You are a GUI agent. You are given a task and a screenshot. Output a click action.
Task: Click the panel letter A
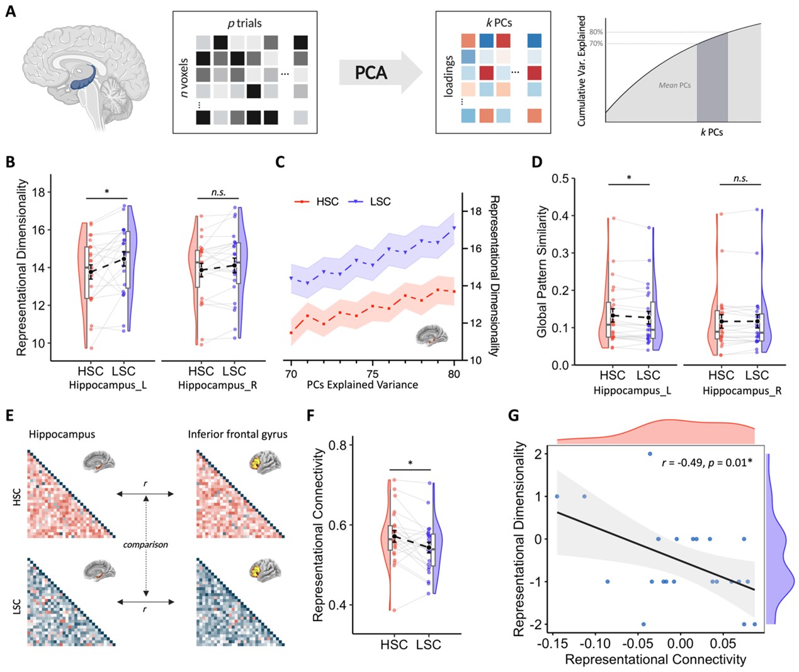[x=10, y=11]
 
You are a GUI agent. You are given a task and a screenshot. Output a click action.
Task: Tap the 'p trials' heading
[x=244, y=23]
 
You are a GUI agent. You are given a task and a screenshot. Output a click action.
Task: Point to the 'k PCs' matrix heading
[x=499, y=23]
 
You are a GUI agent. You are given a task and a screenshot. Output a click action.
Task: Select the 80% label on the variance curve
[x=596, y=32]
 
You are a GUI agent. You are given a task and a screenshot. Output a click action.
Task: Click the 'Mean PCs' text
[x=674, y=85]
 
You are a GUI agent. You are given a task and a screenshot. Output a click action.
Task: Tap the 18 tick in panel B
[x=39, y=193]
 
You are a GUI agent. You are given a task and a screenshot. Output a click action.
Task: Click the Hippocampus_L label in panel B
[x=108, y=385]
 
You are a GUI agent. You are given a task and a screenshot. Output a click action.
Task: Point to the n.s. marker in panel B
[x=218, y=193]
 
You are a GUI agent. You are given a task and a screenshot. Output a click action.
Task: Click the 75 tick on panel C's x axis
[x=372, y=374]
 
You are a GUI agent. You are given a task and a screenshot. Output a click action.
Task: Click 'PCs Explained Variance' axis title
[x=362, y=384]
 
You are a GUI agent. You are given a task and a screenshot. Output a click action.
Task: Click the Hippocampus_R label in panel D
[x=741, y=391]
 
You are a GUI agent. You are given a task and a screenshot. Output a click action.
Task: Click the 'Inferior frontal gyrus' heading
[x=237, y=434]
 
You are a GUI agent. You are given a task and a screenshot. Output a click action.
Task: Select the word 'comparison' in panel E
[x=145, y=545]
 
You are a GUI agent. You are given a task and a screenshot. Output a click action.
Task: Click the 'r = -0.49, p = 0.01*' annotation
[x=706, y=462]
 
